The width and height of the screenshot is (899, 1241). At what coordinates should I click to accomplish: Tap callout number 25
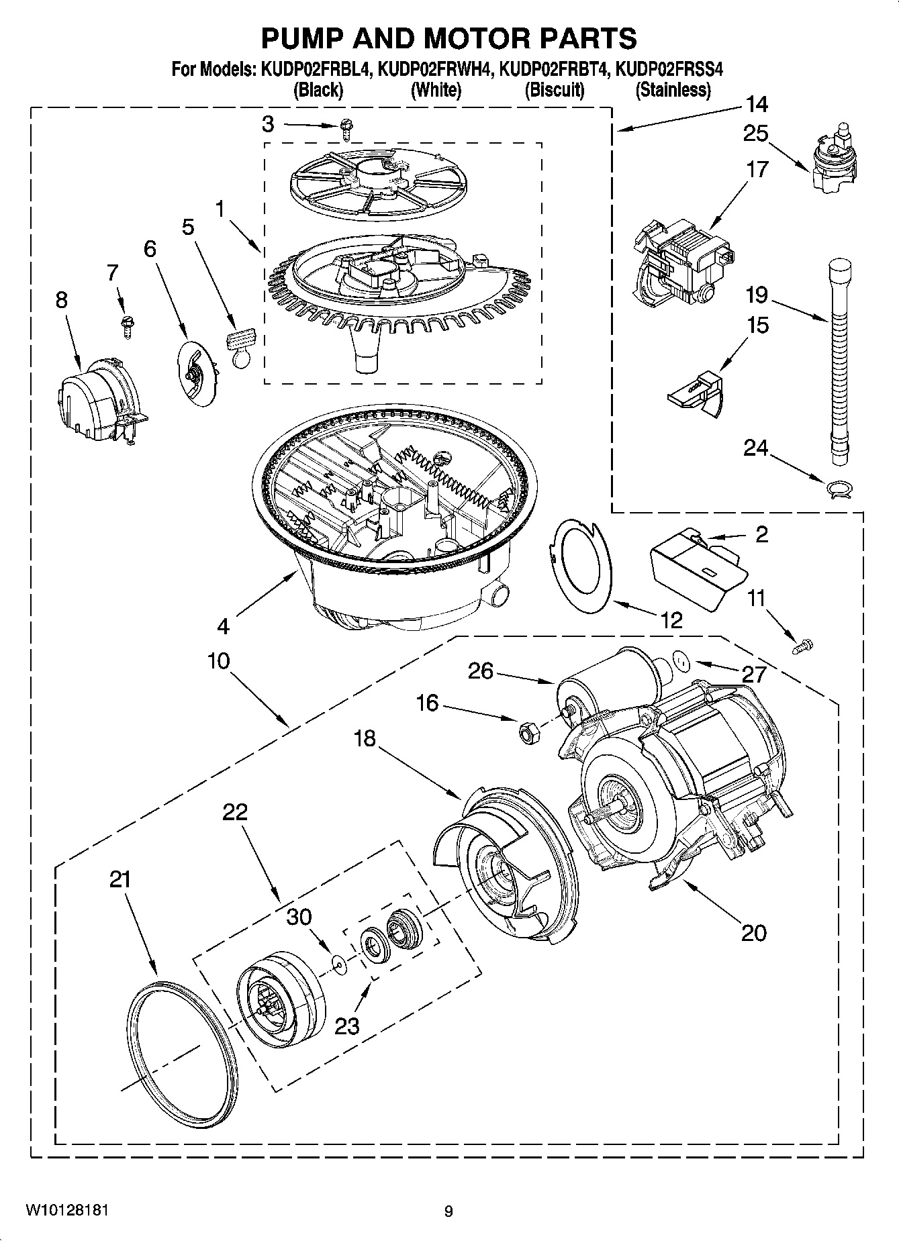pos(755,134)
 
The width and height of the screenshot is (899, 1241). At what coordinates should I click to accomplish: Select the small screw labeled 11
pos(801,647)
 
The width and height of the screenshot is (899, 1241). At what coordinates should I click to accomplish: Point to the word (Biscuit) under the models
pos(554,89)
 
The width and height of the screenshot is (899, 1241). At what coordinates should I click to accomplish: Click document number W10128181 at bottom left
pos(66,1211)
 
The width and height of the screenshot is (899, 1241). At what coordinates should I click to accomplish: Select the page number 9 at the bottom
pos(448,1211)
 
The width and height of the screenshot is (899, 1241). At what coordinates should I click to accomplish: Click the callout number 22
pos(235,812)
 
